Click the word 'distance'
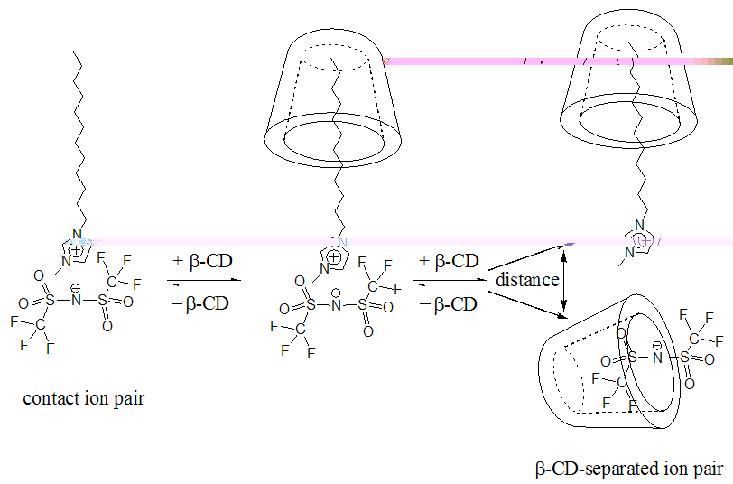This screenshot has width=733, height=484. point(527,280)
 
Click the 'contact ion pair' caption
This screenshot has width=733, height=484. point(84,398)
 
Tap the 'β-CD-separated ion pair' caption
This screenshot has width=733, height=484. point(629,468)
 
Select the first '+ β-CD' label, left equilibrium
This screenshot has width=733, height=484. point(202,261)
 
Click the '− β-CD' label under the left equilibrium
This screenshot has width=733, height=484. point(200,304)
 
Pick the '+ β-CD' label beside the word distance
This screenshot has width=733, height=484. point(449,261)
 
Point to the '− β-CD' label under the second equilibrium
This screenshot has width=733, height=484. point(448,305)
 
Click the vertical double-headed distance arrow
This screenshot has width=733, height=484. point(564,281)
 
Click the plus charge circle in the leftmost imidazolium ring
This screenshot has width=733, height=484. point(76,251)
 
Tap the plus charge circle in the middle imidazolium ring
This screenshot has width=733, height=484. point(334,257)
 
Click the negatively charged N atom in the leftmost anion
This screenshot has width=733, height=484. point(76,300)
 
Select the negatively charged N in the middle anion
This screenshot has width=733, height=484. point(336,306)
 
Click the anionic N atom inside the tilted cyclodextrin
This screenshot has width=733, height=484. point(658,358)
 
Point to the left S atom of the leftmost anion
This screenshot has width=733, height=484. point(50,300)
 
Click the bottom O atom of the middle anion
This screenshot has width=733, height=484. point(368,331)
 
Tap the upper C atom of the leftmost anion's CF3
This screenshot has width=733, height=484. point(112,282)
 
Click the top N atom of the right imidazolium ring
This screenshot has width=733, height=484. point(639,226)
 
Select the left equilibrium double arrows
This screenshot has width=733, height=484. point(205,282)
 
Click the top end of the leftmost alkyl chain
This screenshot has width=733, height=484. point(73,51)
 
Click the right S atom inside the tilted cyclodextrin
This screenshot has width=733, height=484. point(684,358)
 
